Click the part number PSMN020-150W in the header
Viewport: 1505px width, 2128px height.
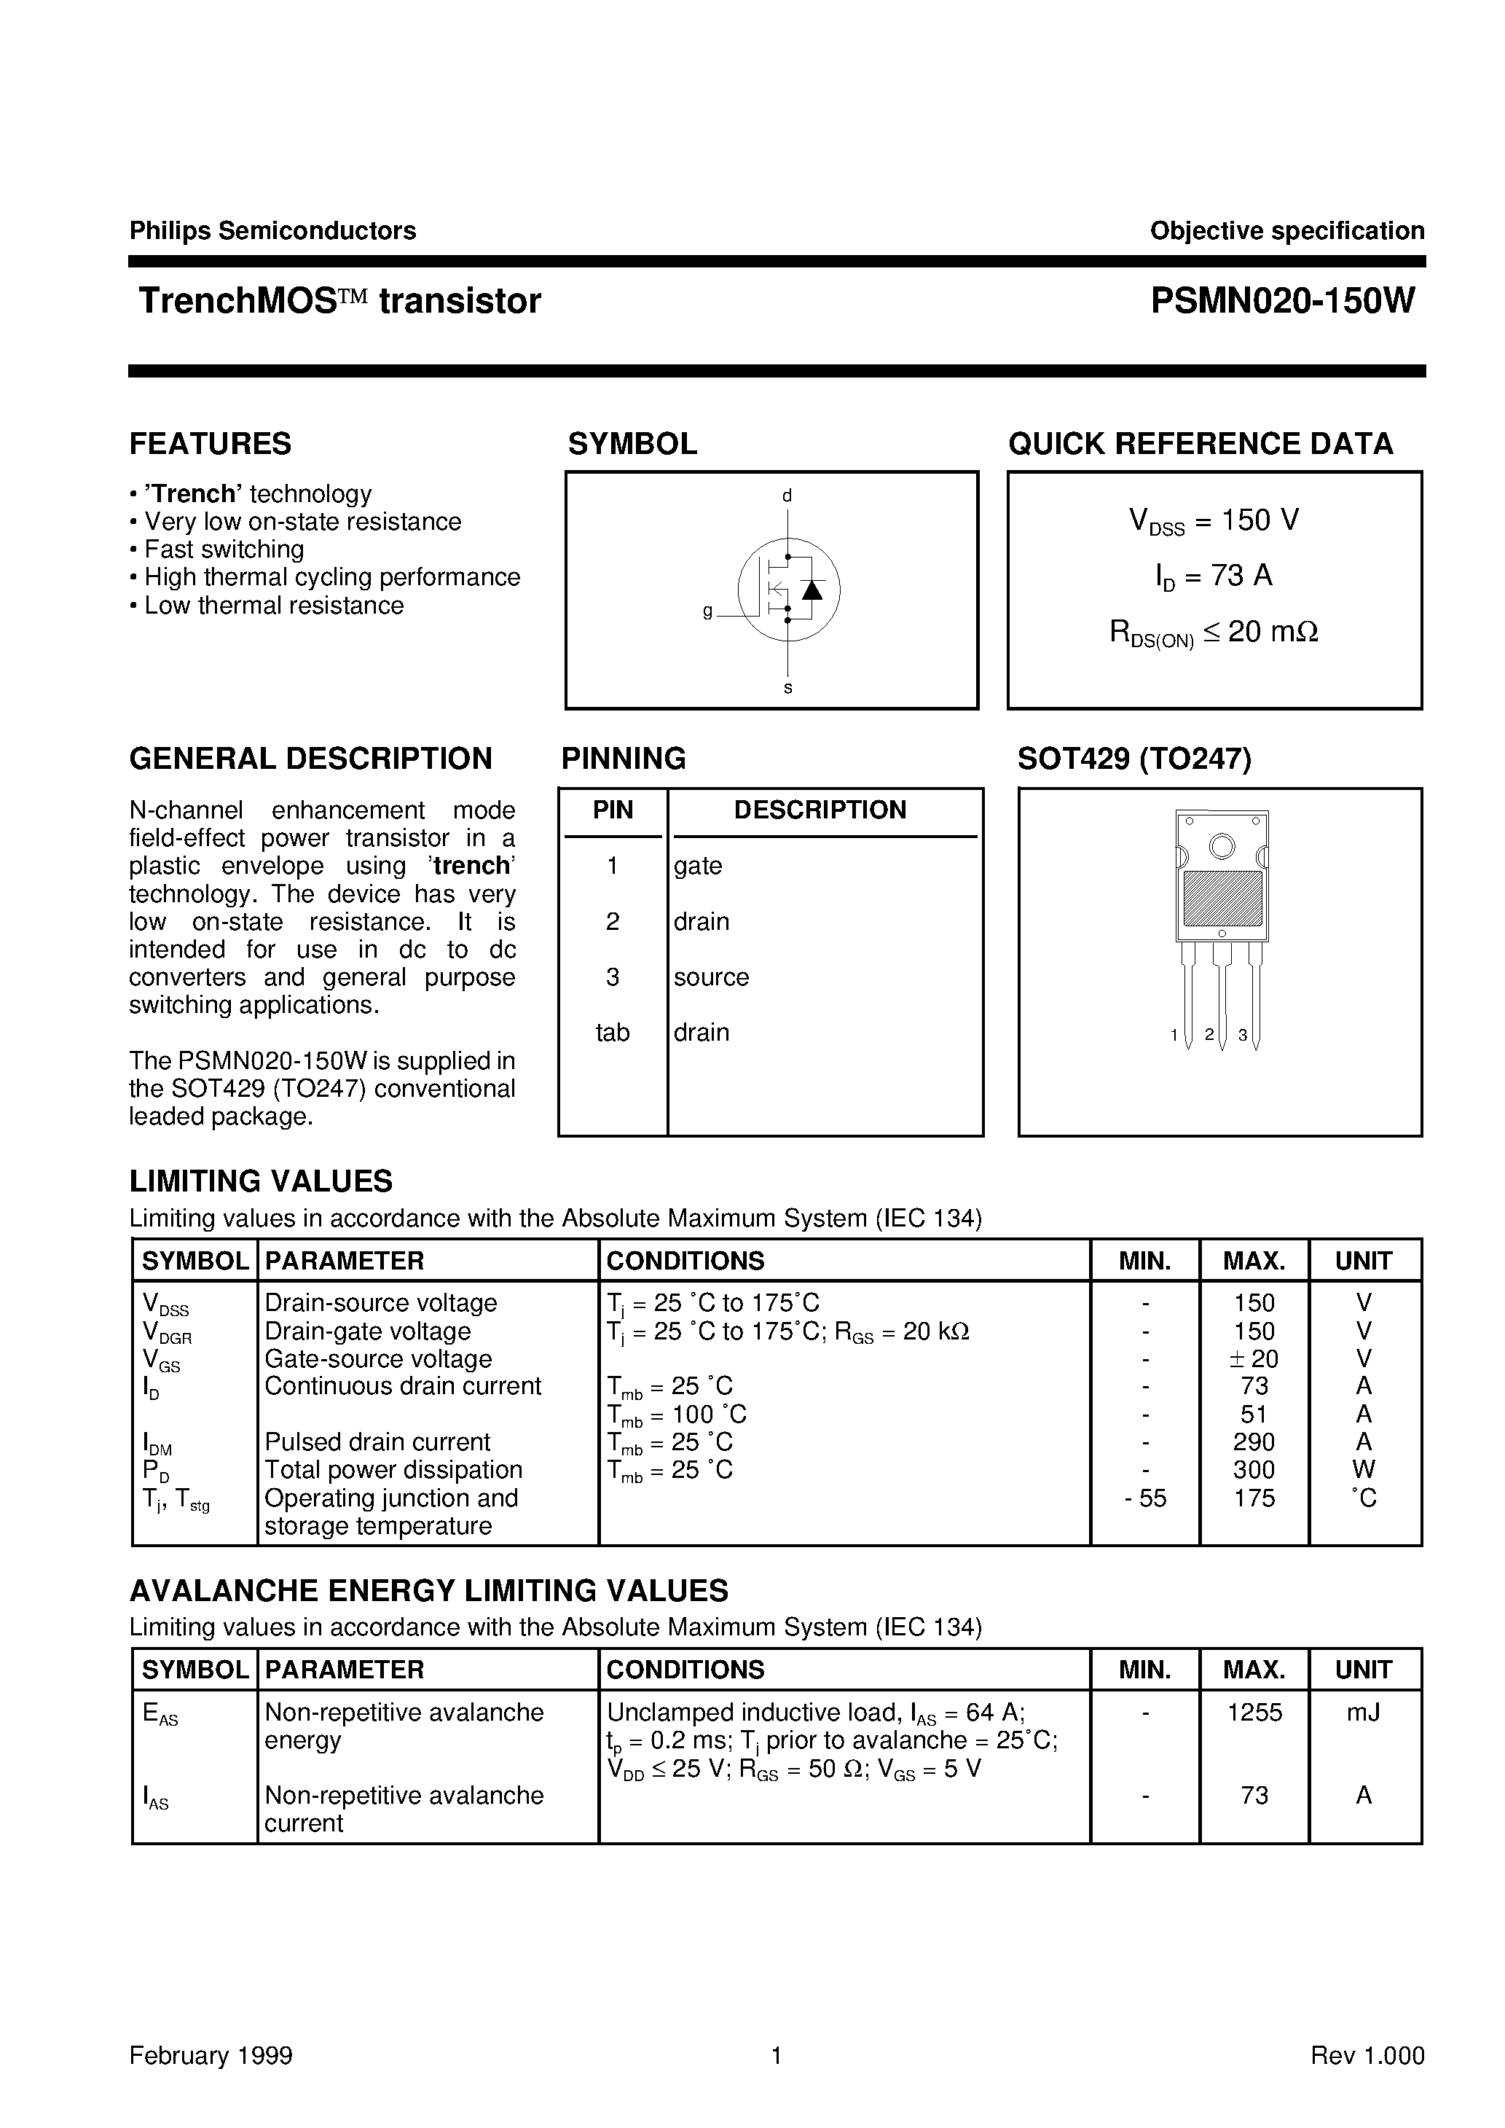tap(1283, 301)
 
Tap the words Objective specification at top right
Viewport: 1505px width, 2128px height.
tap(1286, 231)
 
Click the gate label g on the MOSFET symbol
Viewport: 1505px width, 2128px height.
tap(708, 611)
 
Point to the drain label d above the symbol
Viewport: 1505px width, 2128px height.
tap(787, 496)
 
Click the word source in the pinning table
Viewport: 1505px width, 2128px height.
tap(711, 977)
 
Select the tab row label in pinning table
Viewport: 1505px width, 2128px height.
tap(613, 1033)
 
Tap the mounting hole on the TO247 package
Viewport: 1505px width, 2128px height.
tap(1222, 846)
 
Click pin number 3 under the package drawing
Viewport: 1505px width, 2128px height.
tap(1242, 1036)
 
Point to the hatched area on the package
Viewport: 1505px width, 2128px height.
tap(1222, 897)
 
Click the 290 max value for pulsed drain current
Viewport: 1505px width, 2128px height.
tap(1254, 1442)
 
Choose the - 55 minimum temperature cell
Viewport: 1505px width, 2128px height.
tap(1145, 1498)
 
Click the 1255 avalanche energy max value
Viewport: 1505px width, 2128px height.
tap(1254, 1713)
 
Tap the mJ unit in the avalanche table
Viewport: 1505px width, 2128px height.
tap(1363, 1713)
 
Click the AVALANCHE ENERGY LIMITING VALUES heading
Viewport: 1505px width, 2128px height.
tap(428, 1590)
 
